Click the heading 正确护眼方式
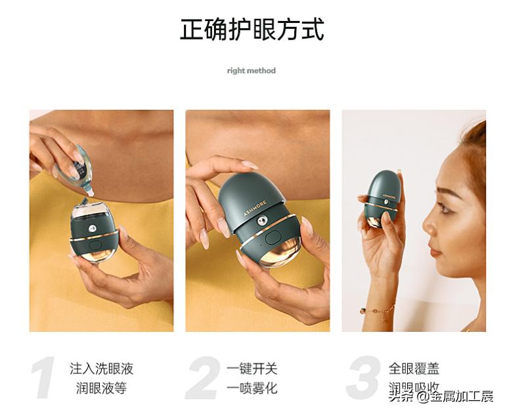[x=252, y=30]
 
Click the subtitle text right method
[x=252, y=71]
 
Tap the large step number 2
[x=202, y=379]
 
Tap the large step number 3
[x=362, y=379]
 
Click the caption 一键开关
[x=252, y=369]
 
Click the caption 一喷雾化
[x=252, y=388]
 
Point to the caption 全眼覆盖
[x=414, y=369]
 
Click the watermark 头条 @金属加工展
[x=441, y=396]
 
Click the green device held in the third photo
[x=380, y=196]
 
